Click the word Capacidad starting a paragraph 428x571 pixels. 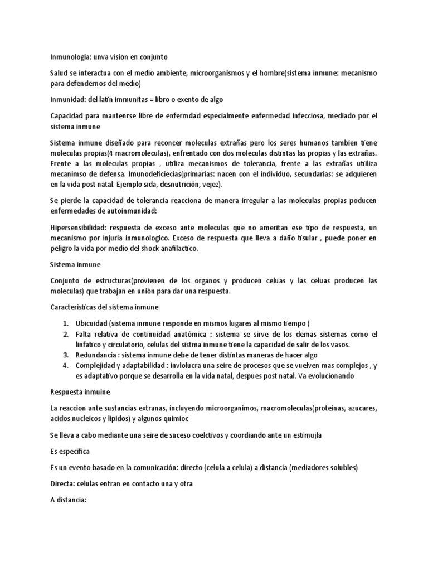[69, 115]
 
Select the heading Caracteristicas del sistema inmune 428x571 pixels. [104, 307]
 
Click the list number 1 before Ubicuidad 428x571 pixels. [65, 324]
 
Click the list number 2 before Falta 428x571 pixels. [65, 335]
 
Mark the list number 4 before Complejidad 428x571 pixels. [65, 365]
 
